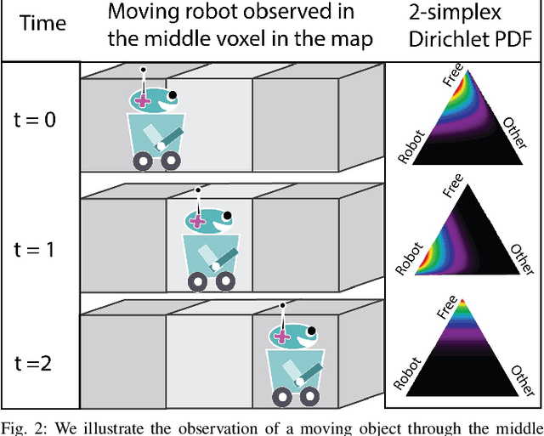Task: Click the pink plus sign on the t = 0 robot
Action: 143,100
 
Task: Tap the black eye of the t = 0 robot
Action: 173,95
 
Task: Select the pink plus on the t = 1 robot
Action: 198,221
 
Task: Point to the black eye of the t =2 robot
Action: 312,330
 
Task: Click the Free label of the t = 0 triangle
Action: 451,81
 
